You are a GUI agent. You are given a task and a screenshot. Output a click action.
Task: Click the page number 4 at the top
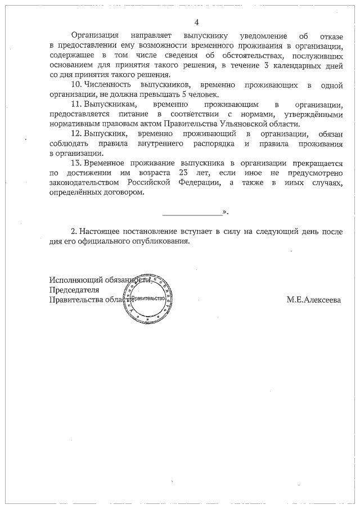pos(196,22)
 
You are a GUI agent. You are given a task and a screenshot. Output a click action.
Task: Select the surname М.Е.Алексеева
pos(313,300)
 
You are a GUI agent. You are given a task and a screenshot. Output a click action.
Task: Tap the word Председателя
pos(74,290)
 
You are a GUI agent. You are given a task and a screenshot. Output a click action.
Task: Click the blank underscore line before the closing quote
pos(192,213)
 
